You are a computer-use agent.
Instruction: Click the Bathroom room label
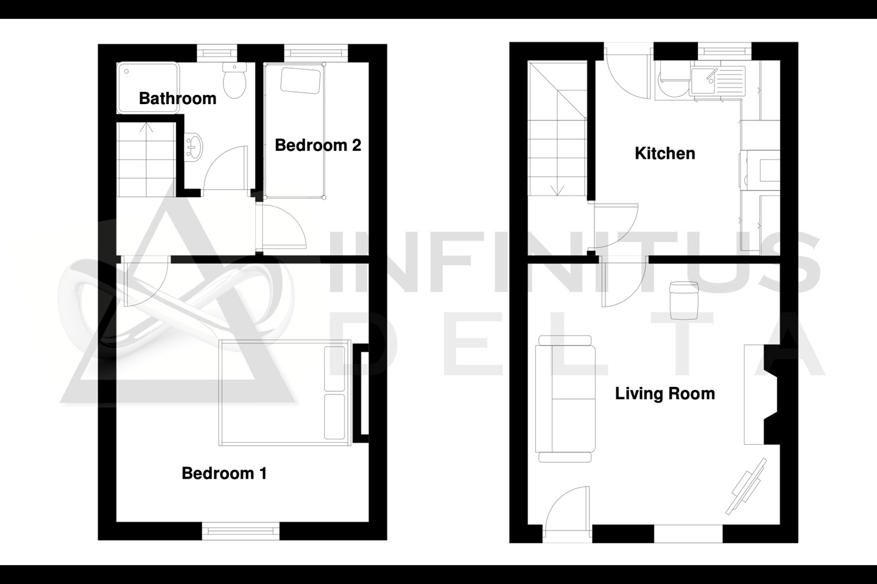(177, 99)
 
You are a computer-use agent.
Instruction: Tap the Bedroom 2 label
(318, 145)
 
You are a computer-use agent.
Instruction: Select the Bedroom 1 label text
(224, 473)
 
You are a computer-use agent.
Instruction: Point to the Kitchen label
(665, 153)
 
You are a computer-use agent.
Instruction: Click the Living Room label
(665, 394)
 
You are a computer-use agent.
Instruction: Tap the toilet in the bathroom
(234, 80)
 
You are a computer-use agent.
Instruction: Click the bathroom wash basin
(194, 147)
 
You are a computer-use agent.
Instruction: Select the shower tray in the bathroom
(148, 88)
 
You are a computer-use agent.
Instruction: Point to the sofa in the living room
(565, 399)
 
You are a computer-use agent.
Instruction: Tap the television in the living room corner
(746, 486)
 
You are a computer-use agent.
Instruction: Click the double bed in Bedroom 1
(284, 393)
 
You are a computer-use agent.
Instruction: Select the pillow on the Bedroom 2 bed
(301, 81)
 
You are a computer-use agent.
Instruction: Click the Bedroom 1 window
(241, 531)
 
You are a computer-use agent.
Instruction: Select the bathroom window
(217, 53)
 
